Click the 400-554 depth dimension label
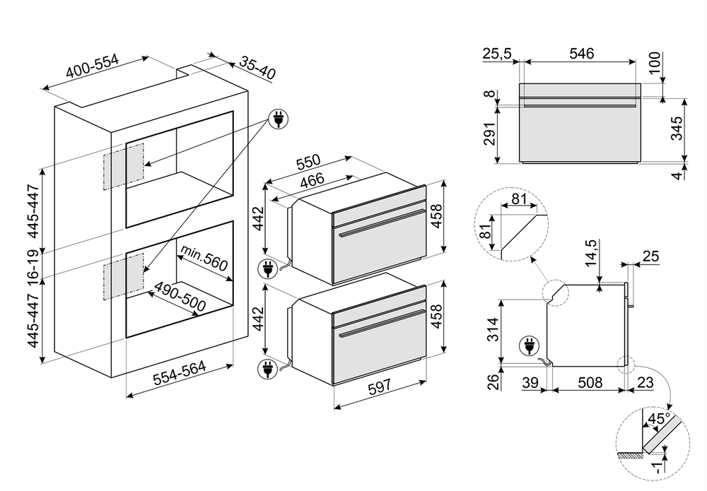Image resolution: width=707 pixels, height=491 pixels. [92, 68]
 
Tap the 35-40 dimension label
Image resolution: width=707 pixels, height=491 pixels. [257, 68]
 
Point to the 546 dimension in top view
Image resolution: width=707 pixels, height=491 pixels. [581, 53]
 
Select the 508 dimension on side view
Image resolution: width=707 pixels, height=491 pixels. [590, 382]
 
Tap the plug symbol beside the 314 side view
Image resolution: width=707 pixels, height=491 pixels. [527, 345]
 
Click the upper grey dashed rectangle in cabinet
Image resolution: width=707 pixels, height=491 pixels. [124, 167]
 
